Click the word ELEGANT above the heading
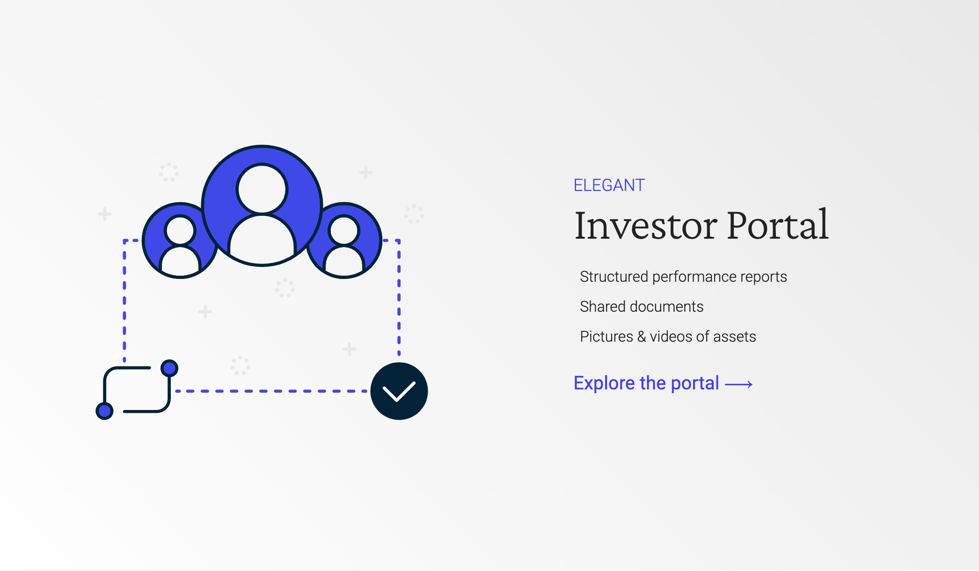pos(609,185)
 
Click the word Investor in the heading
pos(646,226)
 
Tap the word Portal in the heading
pos(778,225)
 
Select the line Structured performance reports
pos(683,277)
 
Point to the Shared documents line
pos(642,307)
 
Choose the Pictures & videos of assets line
pos(668,337)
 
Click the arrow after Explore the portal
pos(739,385)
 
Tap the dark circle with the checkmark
pos(399,391)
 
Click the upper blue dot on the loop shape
pos(169,368)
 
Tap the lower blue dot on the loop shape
pos(104,411)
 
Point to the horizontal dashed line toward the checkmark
pos(270,391)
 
